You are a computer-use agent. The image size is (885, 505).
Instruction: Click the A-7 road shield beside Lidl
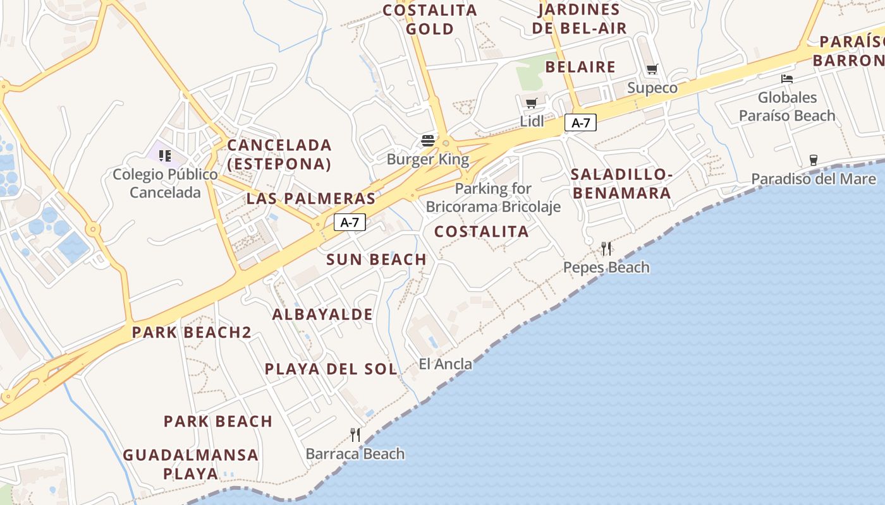coord(580,123)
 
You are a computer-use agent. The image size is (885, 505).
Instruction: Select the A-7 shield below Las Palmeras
coord(349,222)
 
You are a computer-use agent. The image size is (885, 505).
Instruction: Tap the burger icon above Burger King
coord(428,140)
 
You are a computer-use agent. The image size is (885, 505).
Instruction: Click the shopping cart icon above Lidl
coord(531,103)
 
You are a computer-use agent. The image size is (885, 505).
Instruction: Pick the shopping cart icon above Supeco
coord(652,69)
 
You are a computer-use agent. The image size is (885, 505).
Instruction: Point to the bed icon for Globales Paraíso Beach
coord(786,79)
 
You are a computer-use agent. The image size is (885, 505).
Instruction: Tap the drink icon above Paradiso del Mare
coord(813,160)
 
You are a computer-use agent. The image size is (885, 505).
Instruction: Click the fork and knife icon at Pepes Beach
coord(606,249)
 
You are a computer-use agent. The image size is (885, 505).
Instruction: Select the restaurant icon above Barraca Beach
coord(355,434)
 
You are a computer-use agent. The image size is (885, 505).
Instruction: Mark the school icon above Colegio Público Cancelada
coord(165,155)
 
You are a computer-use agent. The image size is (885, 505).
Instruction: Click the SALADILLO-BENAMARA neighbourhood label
coord(620,184)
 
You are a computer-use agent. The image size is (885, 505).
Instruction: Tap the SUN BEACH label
coord(376,259)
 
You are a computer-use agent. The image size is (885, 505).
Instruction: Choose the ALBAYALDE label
coord(322,314)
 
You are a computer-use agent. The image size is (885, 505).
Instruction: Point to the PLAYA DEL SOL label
coord(331,369)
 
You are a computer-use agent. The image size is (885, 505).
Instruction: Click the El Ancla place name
coord(445,364)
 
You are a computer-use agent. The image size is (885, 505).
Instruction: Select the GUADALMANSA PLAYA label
coord(190,464)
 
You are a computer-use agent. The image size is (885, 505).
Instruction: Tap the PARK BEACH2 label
coord(192,333)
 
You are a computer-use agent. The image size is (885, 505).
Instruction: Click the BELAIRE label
coord(580,67)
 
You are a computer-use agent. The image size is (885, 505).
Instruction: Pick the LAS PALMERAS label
coord(311,199)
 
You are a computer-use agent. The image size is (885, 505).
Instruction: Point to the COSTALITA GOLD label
coord(430,20)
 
